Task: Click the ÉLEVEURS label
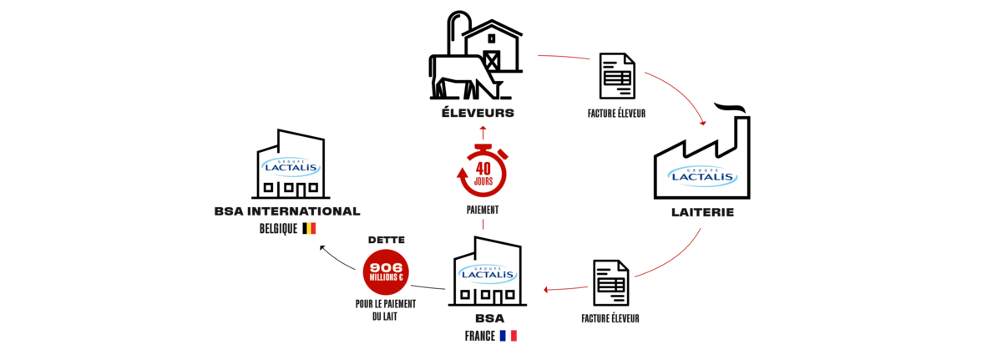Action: (478, 112)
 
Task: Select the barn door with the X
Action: (492, 61)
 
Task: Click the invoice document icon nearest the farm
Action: (617, 76)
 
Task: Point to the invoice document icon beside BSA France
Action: (611, 282)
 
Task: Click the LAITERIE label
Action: (703, 212)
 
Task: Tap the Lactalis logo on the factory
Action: (702, 176)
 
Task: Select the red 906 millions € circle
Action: (386, 272)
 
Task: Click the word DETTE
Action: (387, 241)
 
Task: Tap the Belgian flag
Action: (309, 229)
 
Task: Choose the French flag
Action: (509, 336)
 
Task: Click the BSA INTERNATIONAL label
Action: (287, 211)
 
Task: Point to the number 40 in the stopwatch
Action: (483, 169)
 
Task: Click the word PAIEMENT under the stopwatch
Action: (483, 210)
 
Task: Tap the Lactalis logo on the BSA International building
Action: (291, 167)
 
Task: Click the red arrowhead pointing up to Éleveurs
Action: (483, 129)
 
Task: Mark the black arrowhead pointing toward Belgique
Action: (322, 248)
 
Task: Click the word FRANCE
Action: (480, 336)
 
